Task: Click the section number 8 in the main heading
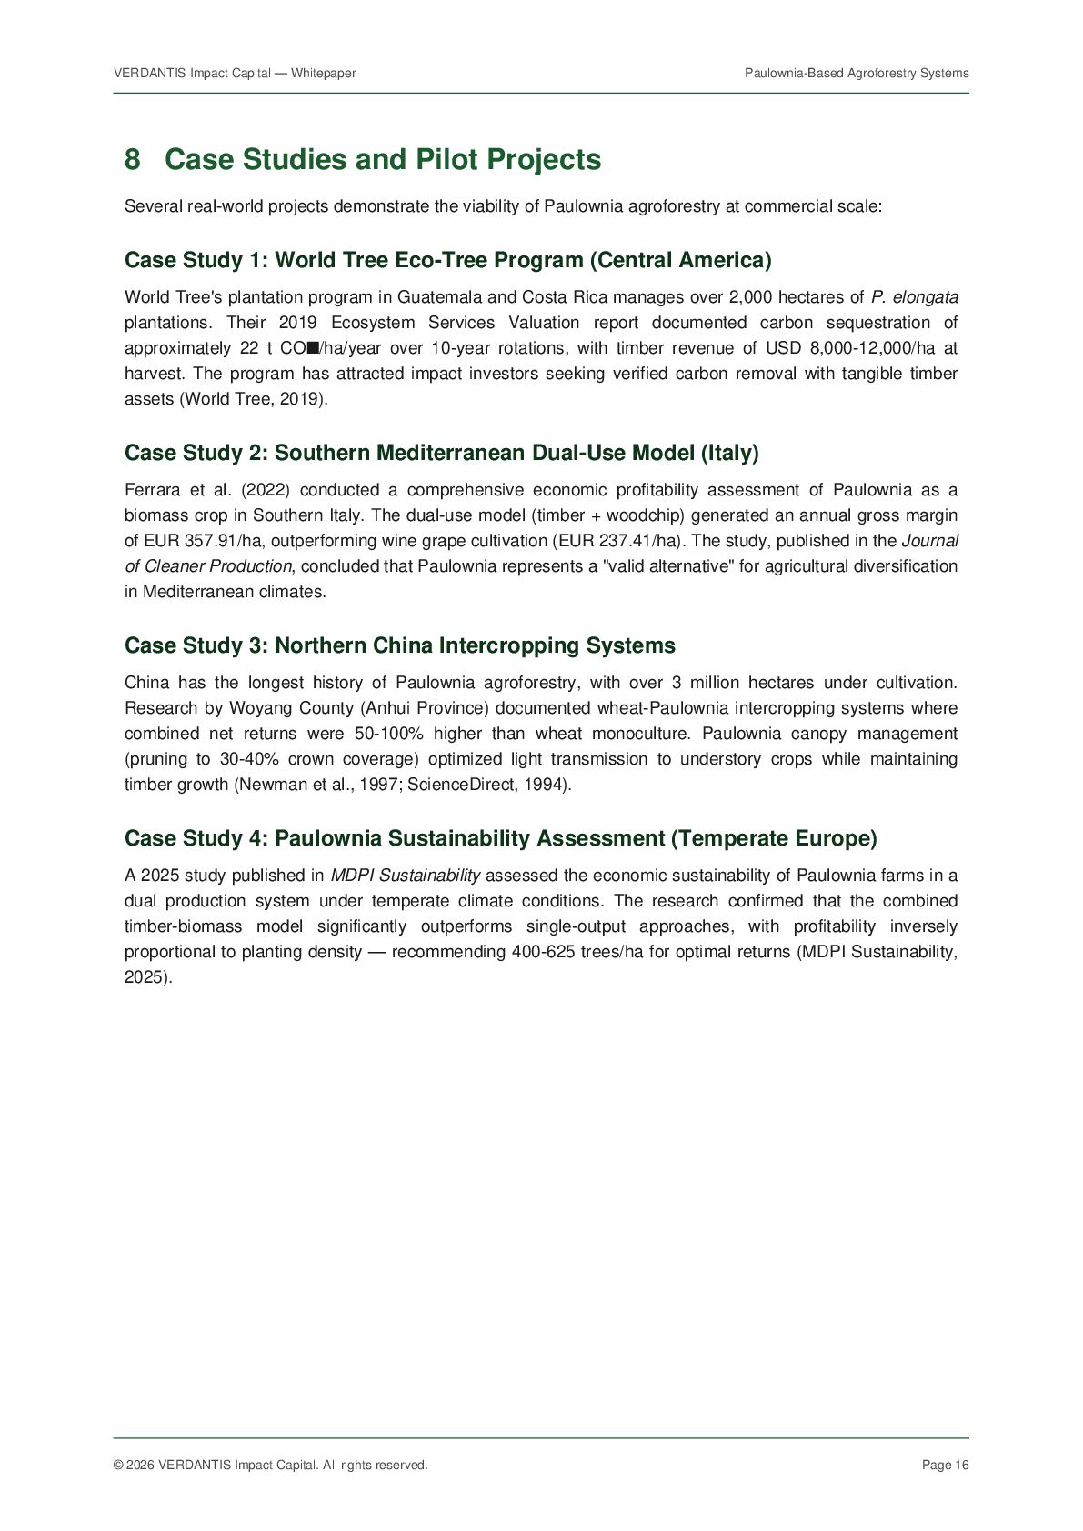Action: [133, 160]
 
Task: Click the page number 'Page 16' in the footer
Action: [945, 1465]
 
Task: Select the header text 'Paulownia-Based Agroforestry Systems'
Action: [857, 73]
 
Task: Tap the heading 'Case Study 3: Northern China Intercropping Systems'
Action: [399, 645]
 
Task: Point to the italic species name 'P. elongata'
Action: [914, 297]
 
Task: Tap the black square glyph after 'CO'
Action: [313, 348]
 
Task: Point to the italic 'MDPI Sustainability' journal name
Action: [405, 876]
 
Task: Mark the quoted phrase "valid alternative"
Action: [667, 566]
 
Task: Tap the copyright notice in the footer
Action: [270, 1465]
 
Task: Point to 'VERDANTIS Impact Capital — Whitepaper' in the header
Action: [235, 73]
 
